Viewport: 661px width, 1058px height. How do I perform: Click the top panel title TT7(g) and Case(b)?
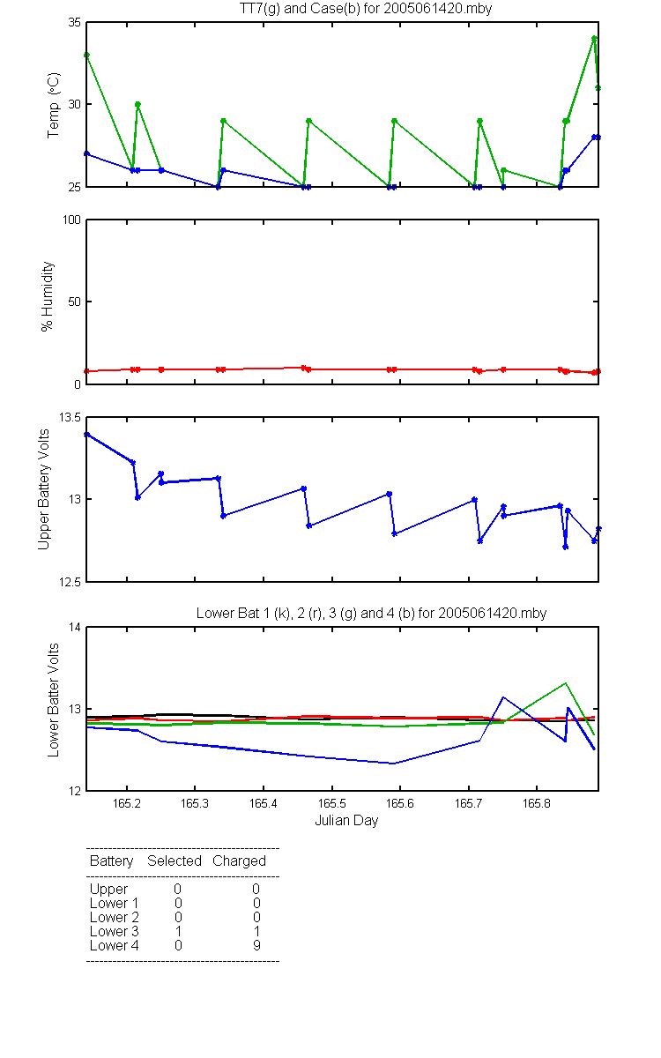tap(366, 9)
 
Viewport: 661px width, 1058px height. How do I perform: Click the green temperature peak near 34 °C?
tap(594, 38)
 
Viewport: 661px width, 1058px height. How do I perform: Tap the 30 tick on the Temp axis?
tap(75, 104)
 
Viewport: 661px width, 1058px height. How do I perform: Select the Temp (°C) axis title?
tap(54, 105)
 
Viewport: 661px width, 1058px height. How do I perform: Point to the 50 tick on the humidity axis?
tap(75, 302)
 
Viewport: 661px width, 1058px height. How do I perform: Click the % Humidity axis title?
tap(48, 296)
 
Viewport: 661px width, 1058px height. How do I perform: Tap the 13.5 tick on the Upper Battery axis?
tap(70, 418)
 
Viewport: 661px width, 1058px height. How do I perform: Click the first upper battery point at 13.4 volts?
tap(87, 434)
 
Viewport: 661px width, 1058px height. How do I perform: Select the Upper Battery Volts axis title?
tap(43, 489)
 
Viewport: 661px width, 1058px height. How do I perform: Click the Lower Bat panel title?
tap(371, 613)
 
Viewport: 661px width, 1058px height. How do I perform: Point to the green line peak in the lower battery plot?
tap(565, 683)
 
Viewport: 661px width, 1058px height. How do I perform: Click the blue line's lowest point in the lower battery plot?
tap(393, 764)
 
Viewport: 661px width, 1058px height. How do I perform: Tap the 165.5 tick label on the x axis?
tap(332, 803)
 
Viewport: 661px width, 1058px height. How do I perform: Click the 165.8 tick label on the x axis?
tap(537, 803)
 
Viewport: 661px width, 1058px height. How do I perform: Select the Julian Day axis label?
tap(346, 821)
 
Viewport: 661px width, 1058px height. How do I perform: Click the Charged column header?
tap(239, 861)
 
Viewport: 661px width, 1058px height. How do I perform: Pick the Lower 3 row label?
tap(115, 931)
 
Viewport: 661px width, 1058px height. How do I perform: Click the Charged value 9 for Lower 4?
tap(256, 945)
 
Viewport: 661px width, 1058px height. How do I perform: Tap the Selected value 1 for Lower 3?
tap(178, 931)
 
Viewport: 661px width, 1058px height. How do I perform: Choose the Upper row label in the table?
tap(108, 890)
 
